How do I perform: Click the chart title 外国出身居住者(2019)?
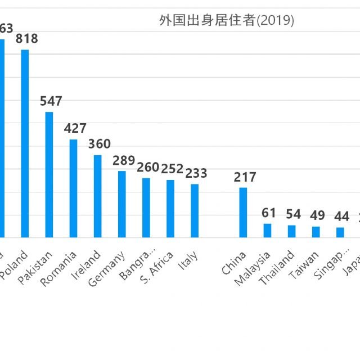(227, 21)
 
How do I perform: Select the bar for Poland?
(25, 143)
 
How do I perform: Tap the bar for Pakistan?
(49, 174)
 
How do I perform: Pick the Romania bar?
(73, 188)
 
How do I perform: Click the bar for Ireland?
(97, 196)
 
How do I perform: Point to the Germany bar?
(121, 204)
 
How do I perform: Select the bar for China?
(243, 212)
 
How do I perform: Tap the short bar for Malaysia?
(267, 230)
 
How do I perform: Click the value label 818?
(26, 39)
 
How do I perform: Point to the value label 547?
(51, 101)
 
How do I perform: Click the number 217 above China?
(245, 177)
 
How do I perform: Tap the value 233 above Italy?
(196, 173)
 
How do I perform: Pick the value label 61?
(269, 213)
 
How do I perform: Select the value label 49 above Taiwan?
(317, 215)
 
